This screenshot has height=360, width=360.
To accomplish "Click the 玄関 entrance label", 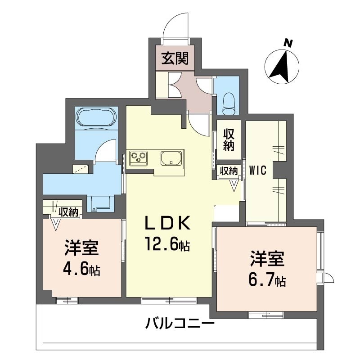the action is pyautogui.click(x=175, y=58).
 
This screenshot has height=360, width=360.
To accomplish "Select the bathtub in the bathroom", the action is pyautogui.click(x=96, y=116).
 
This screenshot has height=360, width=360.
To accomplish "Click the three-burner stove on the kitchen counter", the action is pyautogui.click(x=139, y=158).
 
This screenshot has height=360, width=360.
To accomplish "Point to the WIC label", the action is pyautogui.click(x=258, y=171).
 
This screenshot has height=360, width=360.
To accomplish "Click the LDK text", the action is pyautogui.click(x=167, y=223).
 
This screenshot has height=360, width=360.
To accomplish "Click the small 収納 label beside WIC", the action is pyautogui.click(x=229, y=171).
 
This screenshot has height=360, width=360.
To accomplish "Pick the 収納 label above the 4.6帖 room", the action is pyautogui.click(x=68, y=212).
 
